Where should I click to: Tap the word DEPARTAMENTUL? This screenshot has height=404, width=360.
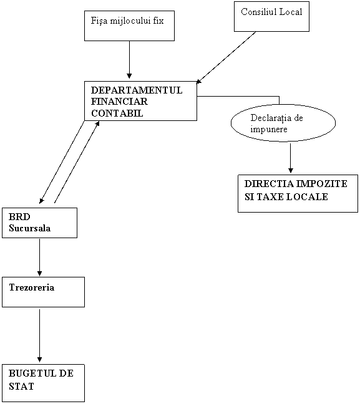[x=137, y=90]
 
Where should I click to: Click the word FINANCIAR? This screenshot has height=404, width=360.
[x=119, y=102]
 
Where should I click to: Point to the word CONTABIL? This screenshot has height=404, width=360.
[x=117, y=113]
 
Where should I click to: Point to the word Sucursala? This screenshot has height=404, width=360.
[x=30, y=228]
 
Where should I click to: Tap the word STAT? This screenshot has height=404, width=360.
[x=21, y=387]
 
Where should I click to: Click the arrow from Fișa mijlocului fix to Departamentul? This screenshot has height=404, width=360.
[x=129, y=59]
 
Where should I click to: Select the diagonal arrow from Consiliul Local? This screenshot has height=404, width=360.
[x=226, y=58]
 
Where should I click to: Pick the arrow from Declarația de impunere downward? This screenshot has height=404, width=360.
[x=291, y=158]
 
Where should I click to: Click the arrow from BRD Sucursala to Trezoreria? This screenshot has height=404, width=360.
[x=39, y=257]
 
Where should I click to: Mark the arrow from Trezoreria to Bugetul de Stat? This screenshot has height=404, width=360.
[x=39, y=335]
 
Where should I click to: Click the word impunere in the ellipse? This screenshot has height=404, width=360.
[x=269, y=129]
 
